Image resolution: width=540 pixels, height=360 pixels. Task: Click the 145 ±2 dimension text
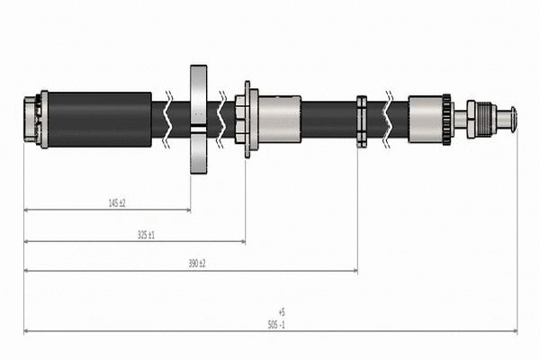click(115, 203)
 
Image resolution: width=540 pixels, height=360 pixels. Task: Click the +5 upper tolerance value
click(282, 312)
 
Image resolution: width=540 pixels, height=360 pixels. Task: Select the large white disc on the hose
click(199, 119)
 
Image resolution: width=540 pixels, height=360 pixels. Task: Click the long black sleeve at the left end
click(99, 119)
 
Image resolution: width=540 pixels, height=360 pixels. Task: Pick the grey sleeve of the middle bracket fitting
click(279, 119)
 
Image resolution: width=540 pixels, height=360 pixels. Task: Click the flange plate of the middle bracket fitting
click(247, 119)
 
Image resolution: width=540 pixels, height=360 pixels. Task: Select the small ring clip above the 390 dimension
click(361, 120)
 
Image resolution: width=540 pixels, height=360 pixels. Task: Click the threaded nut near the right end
click(481, 119)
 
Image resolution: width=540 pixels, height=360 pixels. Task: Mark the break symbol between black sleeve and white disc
click(169, 119)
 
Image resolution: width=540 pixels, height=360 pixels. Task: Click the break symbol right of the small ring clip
click(388, 119)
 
